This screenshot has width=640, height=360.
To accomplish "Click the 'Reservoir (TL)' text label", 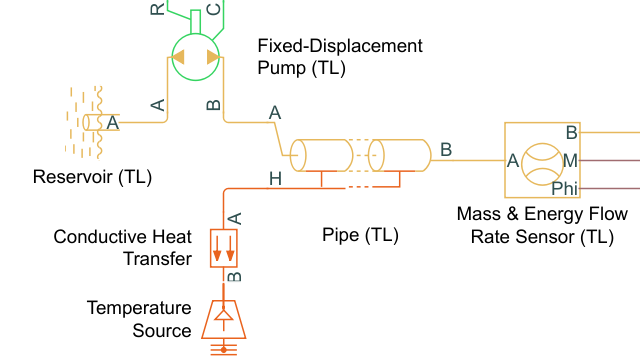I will point(92,178).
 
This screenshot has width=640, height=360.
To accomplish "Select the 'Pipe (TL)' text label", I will point(360,236).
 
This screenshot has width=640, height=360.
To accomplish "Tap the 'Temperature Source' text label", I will point(139,319).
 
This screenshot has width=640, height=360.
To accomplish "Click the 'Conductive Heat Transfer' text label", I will point(122,248).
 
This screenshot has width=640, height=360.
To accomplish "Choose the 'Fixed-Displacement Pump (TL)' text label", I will point(340,57).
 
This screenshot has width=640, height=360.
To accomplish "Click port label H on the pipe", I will point(276,179).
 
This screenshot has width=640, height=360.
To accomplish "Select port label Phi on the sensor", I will point(565,188).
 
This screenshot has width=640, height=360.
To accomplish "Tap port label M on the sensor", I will point(570,160).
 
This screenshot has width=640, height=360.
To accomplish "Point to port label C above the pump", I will point(213,9).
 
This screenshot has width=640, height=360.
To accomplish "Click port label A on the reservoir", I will point(112,123).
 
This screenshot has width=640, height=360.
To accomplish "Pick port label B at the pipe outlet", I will point(446,150).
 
